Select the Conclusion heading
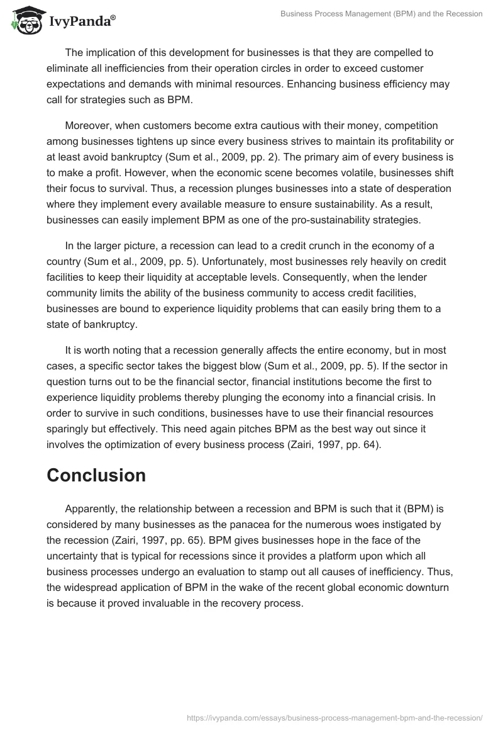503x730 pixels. click(96, 475)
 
